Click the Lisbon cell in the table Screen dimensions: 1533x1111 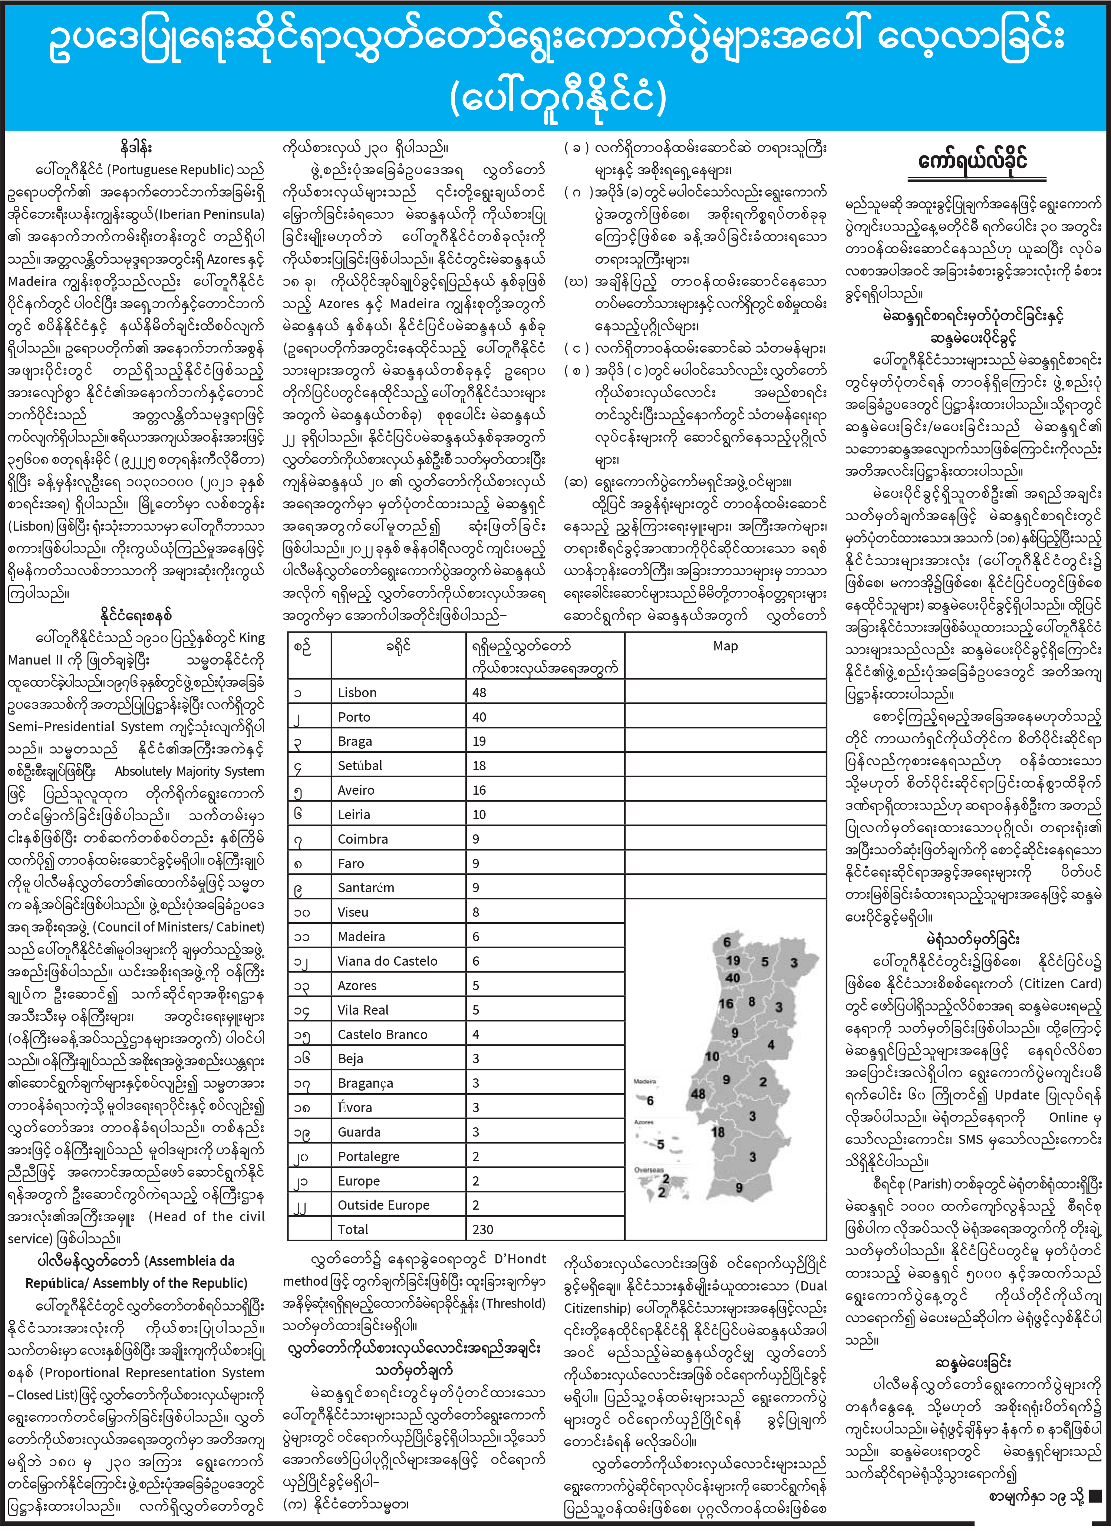[x=357, y=692]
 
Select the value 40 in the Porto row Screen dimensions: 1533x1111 [x=479, y=716]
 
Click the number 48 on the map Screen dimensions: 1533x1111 [x=698, y=1094]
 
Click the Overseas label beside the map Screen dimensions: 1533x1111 [x=649, y=1169]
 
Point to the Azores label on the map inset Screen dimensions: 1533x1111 [x=643, y=1122]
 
